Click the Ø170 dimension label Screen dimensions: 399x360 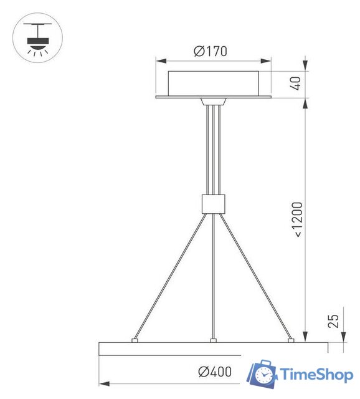(210, 51)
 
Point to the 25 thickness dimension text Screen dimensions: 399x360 (333, 321)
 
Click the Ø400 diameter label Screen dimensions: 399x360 (215, 372)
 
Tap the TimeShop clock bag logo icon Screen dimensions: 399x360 (262, 374)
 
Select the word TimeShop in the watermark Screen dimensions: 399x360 (317, 375)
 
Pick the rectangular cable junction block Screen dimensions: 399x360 (213, 203)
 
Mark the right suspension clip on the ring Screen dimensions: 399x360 (290, 340)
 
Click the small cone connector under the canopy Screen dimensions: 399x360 (213, 102)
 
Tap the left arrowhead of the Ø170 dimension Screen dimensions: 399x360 (159, 61)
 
